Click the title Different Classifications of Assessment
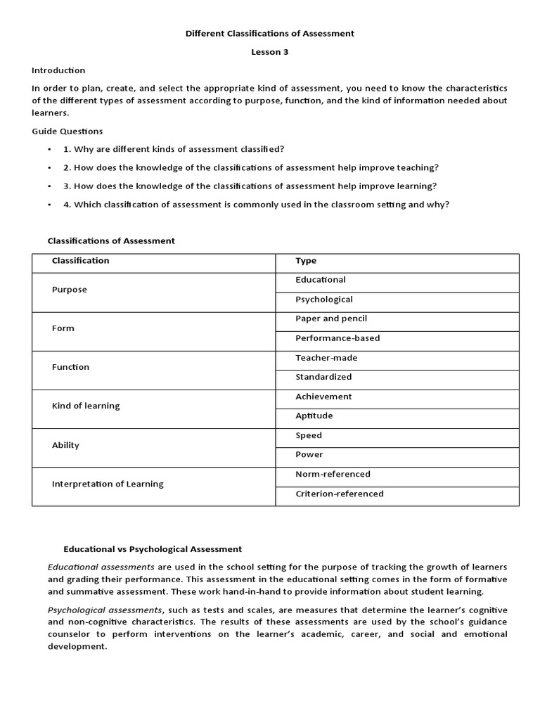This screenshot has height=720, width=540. (270, 33)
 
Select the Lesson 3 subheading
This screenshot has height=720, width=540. (270, 52)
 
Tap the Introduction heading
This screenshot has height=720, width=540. (58, 70)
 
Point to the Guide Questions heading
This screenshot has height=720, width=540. (67, 131)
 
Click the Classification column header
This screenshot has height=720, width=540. (81, 261)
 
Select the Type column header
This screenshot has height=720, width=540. (306, 261)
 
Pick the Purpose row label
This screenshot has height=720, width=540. (70, 290)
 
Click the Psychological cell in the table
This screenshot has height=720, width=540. (324, 300)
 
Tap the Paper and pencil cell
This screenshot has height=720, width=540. (331, 319)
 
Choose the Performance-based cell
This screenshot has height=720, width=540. (337, 338)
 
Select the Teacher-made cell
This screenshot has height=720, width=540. (326, 358)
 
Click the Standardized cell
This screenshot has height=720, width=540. (323, 377)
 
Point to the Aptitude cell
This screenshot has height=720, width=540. (314, 416)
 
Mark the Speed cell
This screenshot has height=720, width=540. (309, 435)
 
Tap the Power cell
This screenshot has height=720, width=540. (309, 455)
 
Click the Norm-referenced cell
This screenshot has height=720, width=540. (333, 474)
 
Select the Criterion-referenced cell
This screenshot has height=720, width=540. (340, 494)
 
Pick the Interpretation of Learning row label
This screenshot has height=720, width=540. (108, 484)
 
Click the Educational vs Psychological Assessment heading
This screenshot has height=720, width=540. (153, 549)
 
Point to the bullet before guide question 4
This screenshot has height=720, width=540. (50, 205)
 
